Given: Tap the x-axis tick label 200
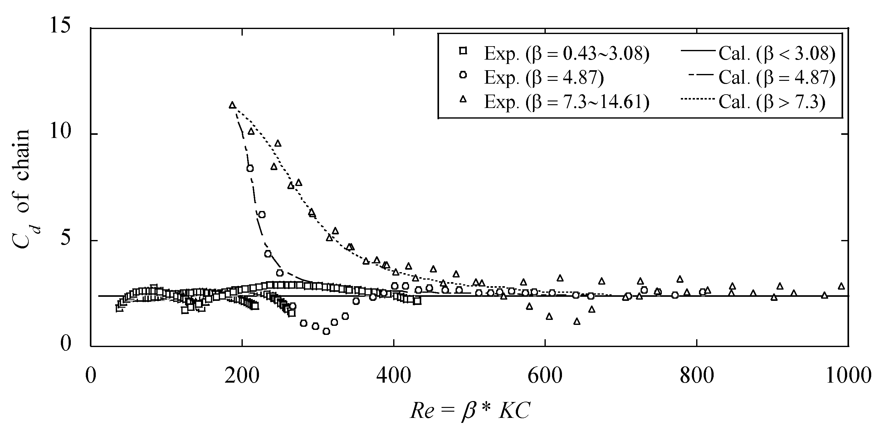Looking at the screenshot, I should tap(242, 376).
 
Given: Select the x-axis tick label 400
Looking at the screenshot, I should tap(393, 376).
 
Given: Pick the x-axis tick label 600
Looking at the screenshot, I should tap(545, 376).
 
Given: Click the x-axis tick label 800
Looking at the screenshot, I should tap(697, 376).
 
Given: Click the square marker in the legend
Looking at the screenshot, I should tap(463, 51).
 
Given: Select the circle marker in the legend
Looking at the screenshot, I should tap(463, 75).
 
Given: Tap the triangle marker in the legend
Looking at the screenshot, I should tap(463, 99).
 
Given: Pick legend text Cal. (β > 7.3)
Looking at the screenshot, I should tap(772, 102).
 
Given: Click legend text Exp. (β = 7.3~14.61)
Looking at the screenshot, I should tap(567, 102).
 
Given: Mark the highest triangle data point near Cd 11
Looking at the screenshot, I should tap(232, 105).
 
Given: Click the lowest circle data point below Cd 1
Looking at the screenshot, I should tap(326, 331).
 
